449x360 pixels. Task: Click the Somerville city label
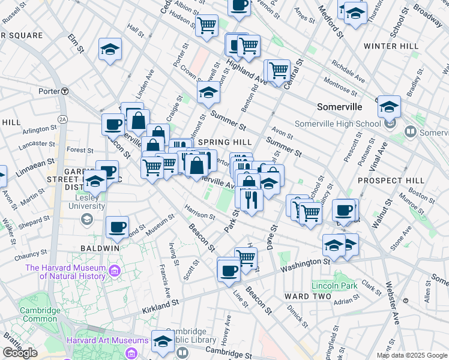tap(339, 107)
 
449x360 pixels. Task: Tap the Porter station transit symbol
tap(64, 91)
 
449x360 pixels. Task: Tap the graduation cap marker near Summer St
tap(208, 93)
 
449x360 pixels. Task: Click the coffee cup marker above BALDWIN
tap(117, 227)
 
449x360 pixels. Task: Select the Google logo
tap(20, 353)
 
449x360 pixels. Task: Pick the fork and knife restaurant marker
tap(250, 198)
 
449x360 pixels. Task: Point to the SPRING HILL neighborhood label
tap(224, 142)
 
